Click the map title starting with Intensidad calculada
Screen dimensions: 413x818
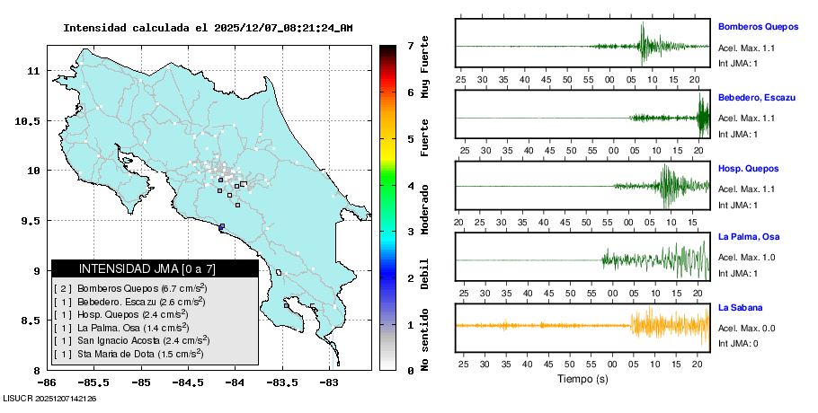pyautogui.click(x=208, y=28)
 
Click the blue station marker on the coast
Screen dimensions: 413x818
pyautogui.click(x=221, y=226)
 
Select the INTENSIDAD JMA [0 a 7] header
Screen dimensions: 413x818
pyautogui.click(x=155, y=268)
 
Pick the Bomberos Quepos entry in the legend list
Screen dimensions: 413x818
pyautogui.click(x=130, y=288)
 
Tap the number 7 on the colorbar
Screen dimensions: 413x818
pyautogui.click(x=410, y=45)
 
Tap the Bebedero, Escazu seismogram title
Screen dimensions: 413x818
pyautogui.click(x=756, y=97)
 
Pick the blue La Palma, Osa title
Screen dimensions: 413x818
pyautogui.click(x=749, y=237)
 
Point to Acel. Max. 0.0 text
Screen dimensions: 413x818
pyautogui.click(x=746, y=328)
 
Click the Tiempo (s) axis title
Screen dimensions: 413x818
pyautogui.click(x=582, y=379)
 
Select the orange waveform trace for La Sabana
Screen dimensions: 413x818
pyautogui.click(x=665, y=325)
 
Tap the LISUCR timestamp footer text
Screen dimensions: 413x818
pyautogui.click(x=50, y=398)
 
